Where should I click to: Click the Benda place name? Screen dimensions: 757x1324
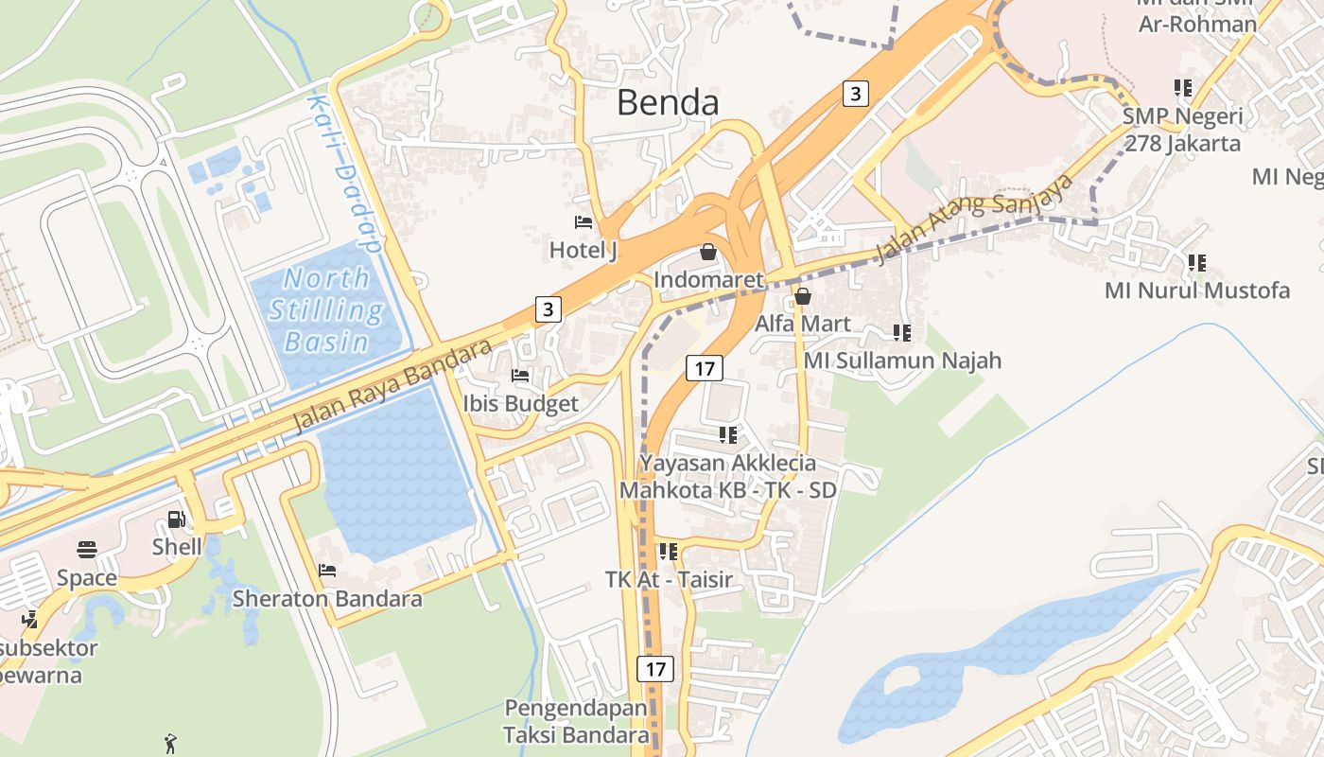click(668, 102)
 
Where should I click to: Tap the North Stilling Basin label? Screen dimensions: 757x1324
click(326, 309)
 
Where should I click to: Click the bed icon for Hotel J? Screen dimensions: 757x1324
click(584, 222)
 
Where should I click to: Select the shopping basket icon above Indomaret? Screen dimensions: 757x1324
click(707, 252)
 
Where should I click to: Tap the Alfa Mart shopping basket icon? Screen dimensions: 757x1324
click(803, 296)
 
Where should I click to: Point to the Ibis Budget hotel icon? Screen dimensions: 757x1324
click(520, 376)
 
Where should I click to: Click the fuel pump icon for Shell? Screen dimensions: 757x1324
click(176, 519)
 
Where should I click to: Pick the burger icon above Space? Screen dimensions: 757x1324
click(87, 550)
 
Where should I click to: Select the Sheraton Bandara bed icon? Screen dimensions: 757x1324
click(327, 571)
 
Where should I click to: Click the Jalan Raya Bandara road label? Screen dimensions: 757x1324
click(392, 385)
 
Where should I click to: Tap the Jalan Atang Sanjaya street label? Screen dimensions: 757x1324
click(975, 218)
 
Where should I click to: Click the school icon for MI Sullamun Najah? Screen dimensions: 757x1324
click(902, 333)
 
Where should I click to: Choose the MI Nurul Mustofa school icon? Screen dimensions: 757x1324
click(1197, 262)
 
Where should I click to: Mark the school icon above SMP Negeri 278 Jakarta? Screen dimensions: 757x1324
click(1182, 88)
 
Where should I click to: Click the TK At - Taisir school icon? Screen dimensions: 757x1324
click(669, 551)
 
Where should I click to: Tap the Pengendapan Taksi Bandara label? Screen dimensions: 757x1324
click(576, 721)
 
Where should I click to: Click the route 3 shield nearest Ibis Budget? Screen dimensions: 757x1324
click(549, 308)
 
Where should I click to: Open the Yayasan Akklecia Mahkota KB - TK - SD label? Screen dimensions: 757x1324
click(727, 477)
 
